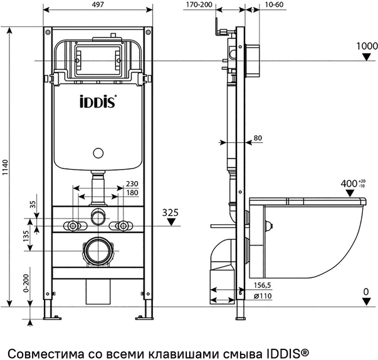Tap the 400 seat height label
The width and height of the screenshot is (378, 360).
point(349,183)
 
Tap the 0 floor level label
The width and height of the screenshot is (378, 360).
point(366,292)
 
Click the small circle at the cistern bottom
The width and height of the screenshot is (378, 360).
point(98,152)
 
